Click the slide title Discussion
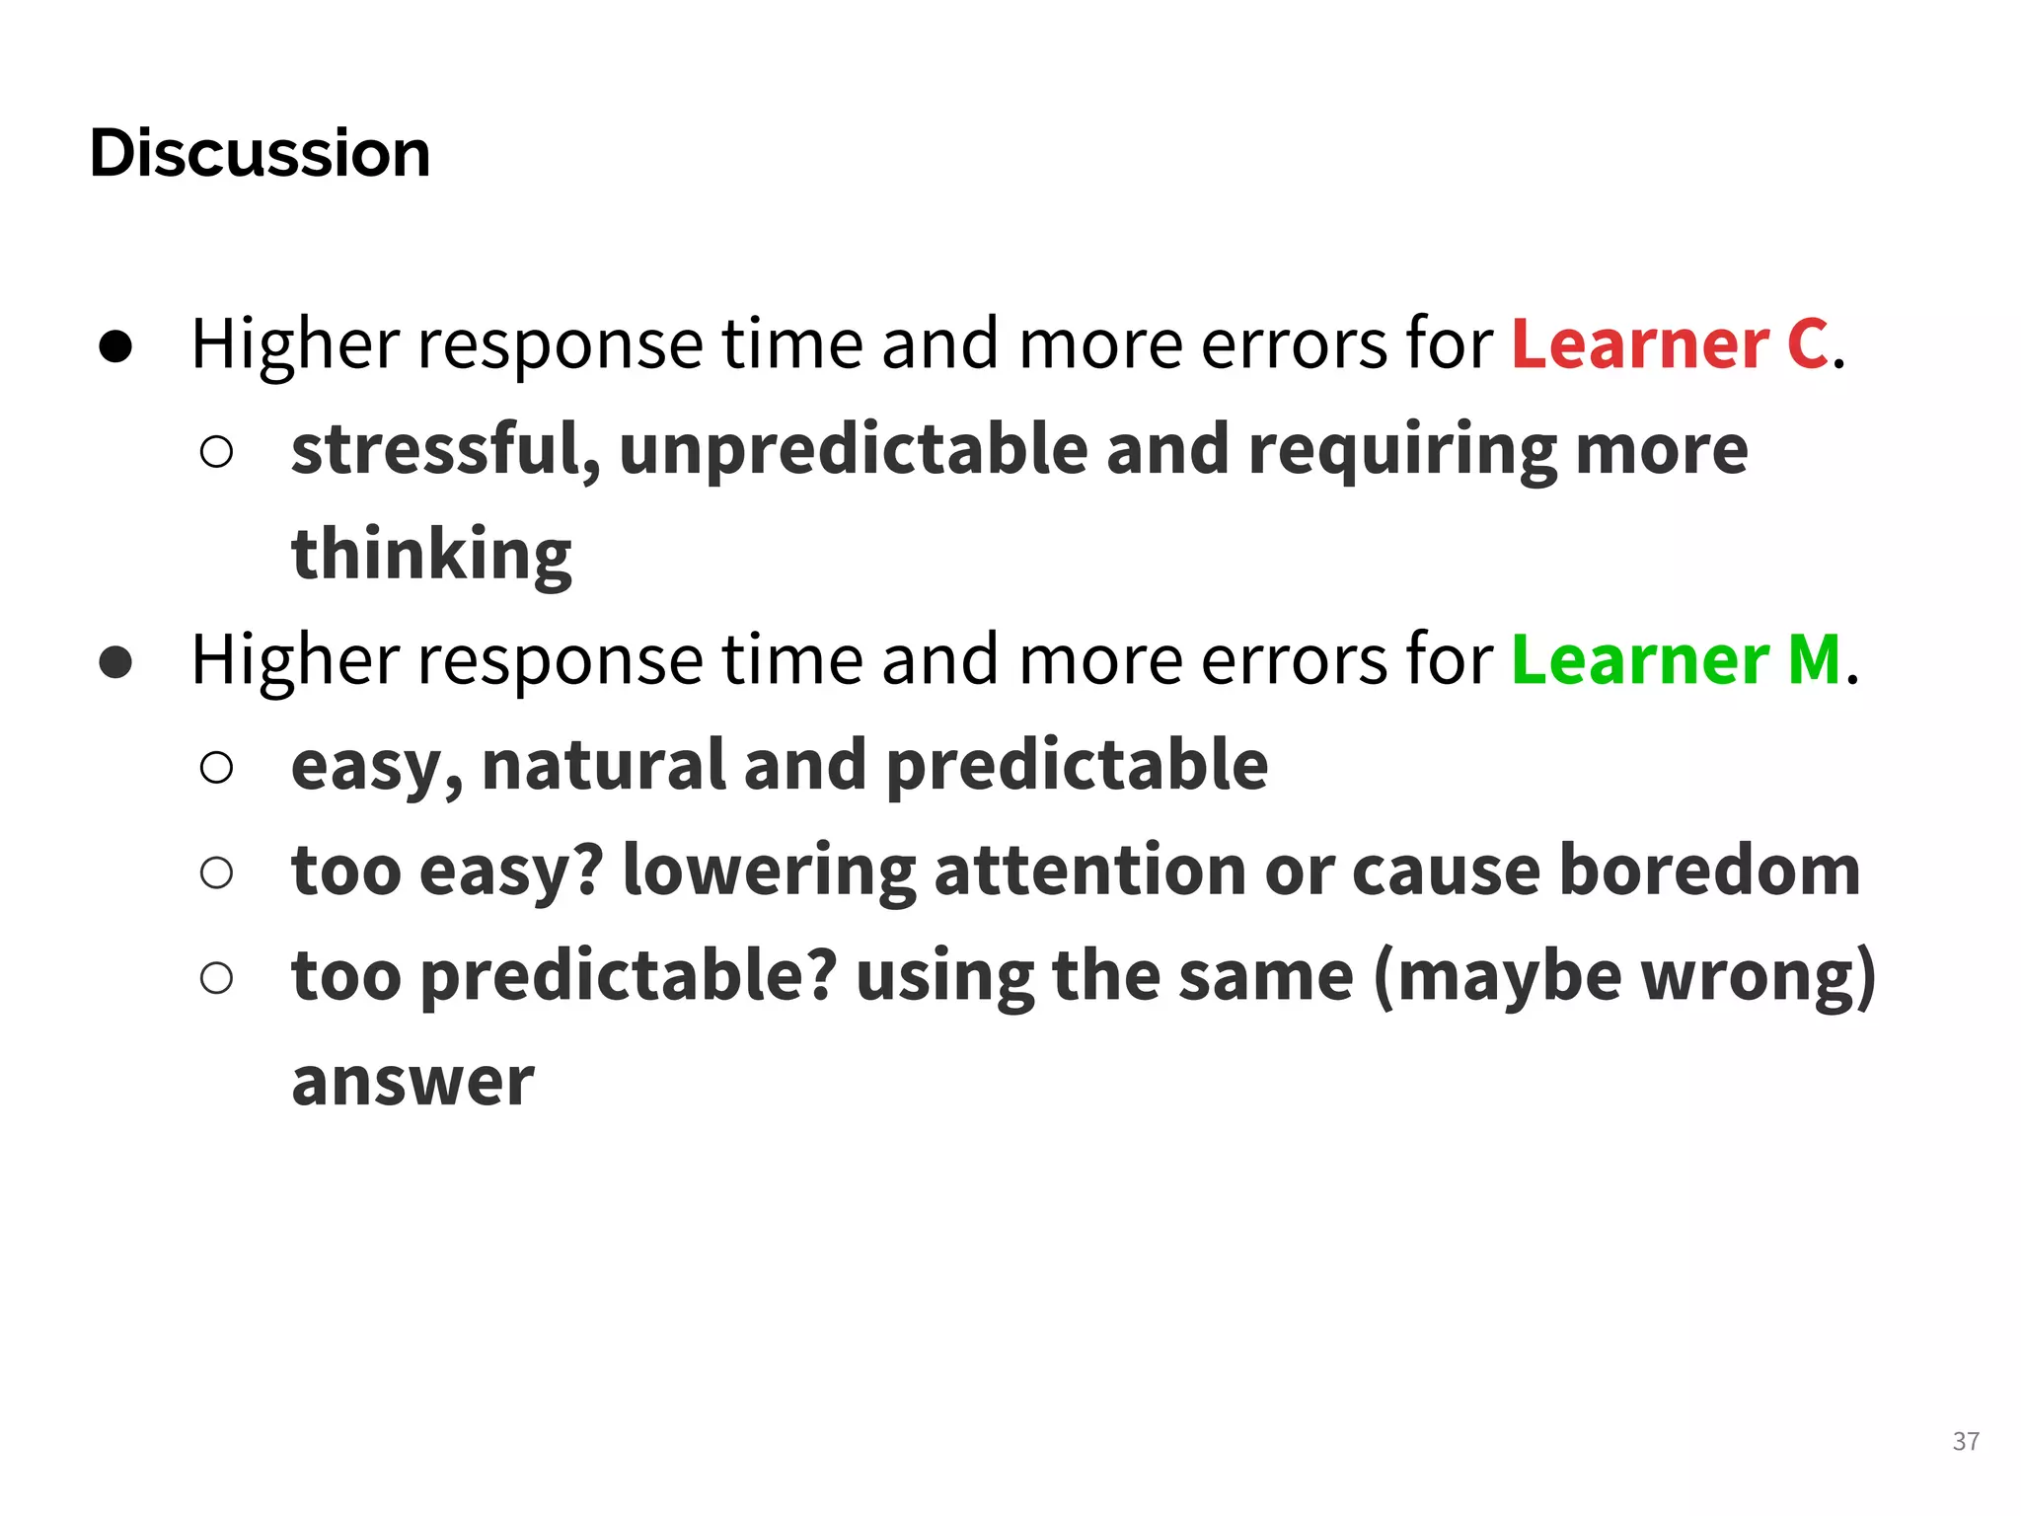[260, 154]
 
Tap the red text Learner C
[1670, 344]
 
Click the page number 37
[1965, 1441]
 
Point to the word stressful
[445, 449]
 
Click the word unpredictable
[855, 449]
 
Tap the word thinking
[431, 555]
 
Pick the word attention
[1089, 871]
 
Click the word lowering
[769, 871]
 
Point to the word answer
[412, 1081]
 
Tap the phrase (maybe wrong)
[1624, 976]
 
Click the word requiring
[1402, 449]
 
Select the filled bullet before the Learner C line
[115, 346]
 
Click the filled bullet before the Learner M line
[115, 662]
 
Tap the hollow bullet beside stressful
[216, 452]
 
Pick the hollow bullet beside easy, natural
[216, 767]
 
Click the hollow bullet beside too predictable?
[216, 978]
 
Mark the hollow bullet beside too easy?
[216, 872]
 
